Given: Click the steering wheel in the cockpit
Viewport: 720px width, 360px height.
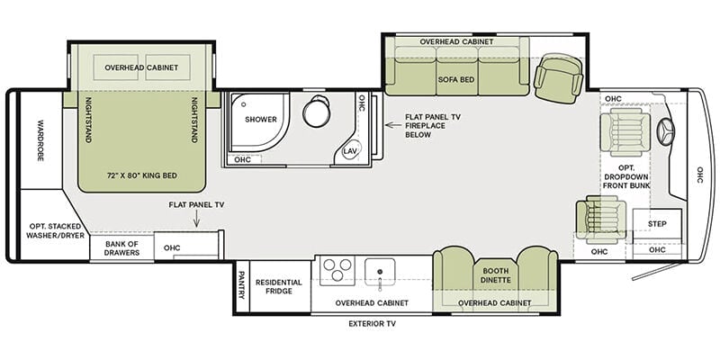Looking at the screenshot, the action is point(665,132).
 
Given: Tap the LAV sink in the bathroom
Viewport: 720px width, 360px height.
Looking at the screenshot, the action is point(351,150).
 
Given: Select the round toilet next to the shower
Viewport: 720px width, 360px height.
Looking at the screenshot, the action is point(317,111).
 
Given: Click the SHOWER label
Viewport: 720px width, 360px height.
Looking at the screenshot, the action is point(261,120).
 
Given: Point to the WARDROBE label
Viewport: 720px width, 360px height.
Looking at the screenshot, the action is point(40,140).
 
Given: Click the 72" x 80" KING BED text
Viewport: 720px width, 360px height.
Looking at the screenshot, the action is point(142,175).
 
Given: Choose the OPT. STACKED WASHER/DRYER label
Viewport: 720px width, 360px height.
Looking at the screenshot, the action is point(55,231).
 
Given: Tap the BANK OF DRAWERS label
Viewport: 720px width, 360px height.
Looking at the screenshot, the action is point(121,248).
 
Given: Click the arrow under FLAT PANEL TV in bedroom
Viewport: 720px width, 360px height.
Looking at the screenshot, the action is point(196,220).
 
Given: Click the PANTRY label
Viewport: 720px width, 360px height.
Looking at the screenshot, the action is point(241,284).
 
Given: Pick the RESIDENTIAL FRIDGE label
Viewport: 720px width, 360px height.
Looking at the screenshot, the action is point(279,286).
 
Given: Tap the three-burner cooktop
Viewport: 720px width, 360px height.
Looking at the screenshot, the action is point(337,269).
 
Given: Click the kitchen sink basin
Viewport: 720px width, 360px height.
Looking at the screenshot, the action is point(380,271).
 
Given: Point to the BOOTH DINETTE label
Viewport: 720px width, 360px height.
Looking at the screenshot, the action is point(496,275).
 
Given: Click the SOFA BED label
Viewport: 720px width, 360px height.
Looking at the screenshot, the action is point(456,79).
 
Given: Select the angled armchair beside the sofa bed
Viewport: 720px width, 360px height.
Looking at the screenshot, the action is point(558,78).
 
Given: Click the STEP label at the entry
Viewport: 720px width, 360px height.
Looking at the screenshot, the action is point(657,223).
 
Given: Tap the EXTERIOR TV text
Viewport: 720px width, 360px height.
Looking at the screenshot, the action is point(372,324).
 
